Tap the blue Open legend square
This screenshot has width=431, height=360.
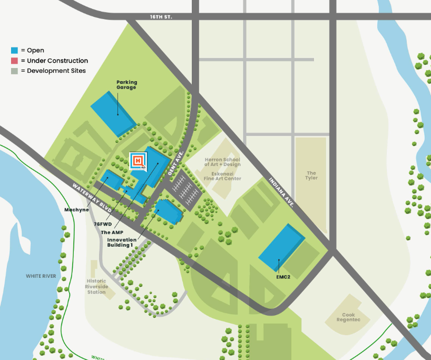[x=14, y=51]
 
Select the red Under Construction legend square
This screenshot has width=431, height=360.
[x=14, y=61]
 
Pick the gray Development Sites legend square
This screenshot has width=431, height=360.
[x=14, y=71]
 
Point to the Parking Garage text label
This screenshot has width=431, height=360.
[x=126, y=84]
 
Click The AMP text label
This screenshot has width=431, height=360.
[x=112, y=232]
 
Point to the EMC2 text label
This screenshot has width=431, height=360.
[x=283, y=276]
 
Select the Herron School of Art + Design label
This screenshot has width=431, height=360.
[x=222, y=162]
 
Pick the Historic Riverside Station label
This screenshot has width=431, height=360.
[x=96, y=287]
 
